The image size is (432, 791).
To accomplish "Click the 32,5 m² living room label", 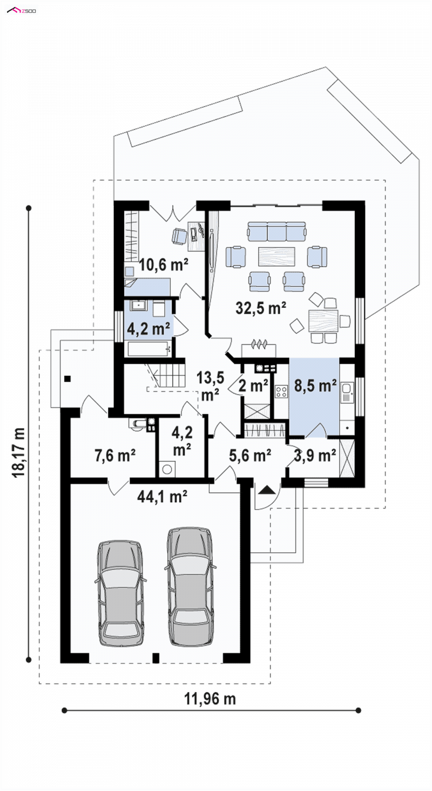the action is pyautogui.click(x=261, y=308).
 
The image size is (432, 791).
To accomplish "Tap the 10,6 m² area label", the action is pyautogui.click(x=163, y=264).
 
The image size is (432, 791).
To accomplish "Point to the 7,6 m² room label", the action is pyautogui.click(x=115, y=455).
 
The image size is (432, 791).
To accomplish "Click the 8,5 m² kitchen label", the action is pyautogui.click(x=315, y=386).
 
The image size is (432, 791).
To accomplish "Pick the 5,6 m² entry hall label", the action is pyautogui.click(x=250, y=455).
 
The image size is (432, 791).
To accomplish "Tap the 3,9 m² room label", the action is pyautogui.click(x=315, y=456).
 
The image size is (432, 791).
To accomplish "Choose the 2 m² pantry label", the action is pyautogui.click(x=253, y=386).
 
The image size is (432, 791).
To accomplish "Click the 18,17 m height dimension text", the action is pyautogui.click(x=19, y=453).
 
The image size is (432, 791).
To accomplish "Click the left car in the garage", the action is pyautogui.click(x=121, y=593).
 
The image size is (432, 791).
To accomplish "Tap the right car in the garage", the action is pyautogui.click(x=191, y=586).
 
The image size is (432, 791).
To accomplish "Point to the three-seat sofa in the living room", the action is pyautogui.click(x=276, y=231).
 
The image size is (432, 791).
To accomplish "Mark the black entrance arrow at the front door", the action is pyautogui.click(x=267, y=490).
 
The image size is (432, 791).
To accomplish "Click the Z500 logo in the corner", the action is pyautogui.click(x=22, y=10).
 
